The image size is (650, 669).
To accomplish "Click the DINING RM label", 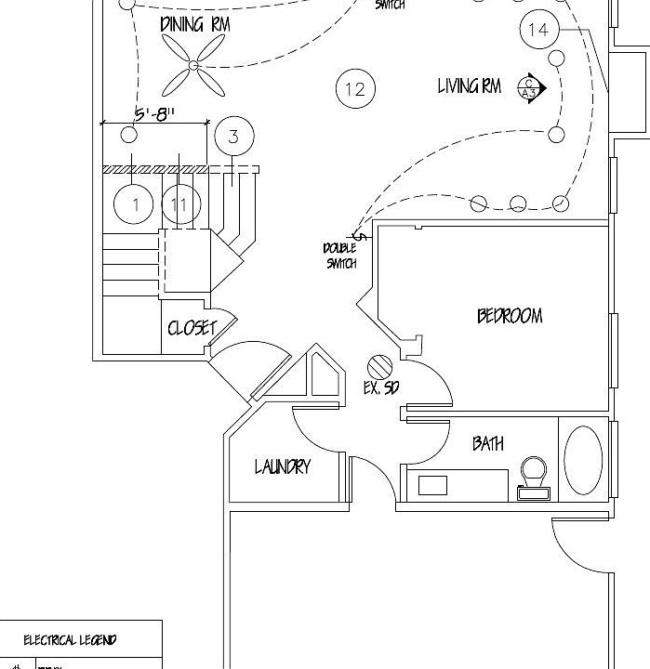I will (x=194, y=25).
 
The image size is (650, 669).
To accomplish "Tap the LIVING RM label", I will (x=470, y=87).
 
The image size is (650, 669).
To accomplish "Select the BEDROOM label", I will (x=510, y=316).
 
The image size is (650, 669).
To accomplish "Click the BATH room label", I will (x=488, y=444).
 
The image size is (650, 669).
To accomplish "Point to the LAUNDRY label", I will (x=283, y=466).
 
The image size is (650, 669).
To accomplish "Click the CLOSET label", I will (x=192, y=328).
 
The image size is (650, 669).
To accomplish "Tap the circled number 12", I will (x=354, y=89).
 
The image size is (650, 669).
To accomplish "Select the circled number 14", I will (x=538, y=30).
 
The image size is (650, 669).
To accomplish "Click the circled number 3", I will (x=233, y=137).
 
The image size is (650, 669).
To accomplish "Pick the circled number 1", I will (x=136, y=204).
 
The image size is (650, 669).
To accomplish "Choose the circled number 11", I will (x=180, y=204).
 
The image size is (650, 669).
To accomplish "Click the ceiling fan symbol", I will (x=194, y=66).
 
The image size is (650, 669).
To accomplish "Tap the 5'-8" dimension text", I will (x=155, y=114).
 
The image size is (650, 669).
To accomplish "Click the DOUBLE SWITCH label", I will (x=340, y=256).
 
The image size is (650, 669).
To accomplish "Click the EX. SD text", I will (x=380, y=388).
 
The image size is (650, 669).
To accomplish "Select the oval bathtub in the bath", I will (x=583, y=461).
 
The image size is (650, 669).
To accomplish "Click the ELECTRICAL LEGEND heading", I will (x=70, y=640).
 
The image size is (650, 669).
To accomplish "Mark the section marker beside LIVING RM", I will (x=531, y=86).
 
